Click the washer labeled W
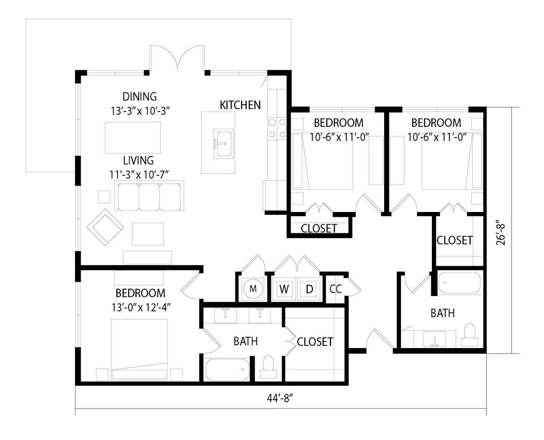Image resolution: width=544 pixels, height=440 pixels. pyautogui.click(x=284, y=289)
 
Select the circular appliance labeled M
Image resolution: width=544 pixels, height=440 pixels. pyautogui.click(x=253, y=289)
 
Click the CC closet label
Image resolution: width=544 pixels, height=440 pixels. pyautogui.click(x=336, y=289)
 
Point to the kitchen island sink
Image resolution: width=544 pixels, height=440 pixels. pyautogui.click(x=223, y=143)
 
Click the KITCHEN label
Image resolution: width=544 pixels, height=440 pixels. pyautogui.click(x=240, y=105)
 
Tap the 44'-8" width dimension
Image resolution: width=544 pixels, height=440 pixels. pyautogui.click(x=280, y=399)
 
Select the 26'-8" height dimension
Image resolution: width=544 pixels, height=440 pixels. pyautogui.click(x=501, y=233)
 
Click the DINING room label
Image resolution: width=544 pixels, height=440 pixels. pyautogui.click(x=140, y=96)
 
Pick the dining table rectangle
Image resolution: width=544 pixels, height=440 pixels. pyautogui.click(x=133, y=138)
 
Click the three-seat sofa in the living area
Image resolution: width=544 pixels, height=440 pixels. pyautogui.click(x=149, y=196)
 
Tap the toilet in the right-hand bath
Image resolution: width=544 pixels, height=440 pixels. pyautogui.click(x=470, y=335)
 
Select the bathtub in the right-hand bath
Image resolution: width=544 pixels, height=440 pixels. pyautogui.click(x=459, y=283)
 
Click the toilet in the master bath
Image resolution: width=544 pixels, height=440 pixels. pyautogui.click(x=268, y=367)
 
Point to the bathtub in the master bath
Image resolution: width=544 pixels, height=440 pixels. pyautogui.click(x=227, y=369)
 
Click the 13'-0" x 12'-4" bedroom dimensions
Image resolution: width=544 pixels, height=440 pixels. pyautogui.click(x=140, y=308)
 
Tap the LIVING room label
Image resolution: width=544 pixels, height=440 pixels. pyautogui.click(x=139, y=160)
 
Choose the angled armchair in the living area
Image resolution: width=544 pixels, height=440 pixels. pyautogui.click(x=106, y=227)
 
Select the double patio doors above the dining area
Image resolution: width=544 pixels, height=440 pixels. pyautogui.click(x=177, y=57)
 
